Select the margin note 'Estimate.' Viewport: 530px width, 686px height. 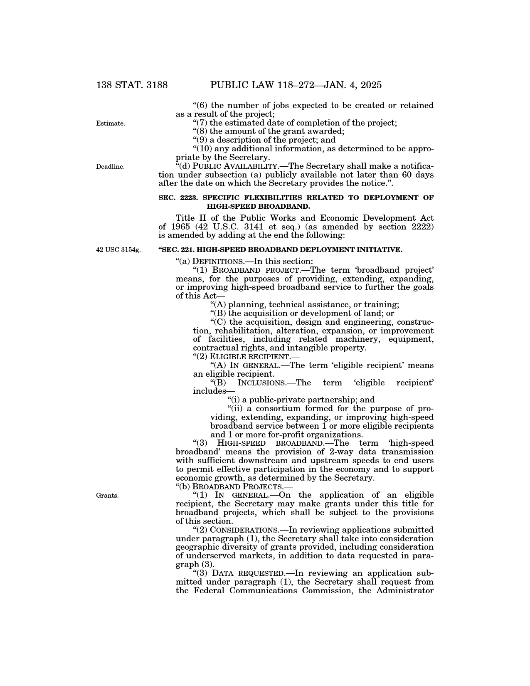pos(110,123)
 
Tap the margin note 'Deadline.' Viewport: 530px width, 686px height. pos(110,167)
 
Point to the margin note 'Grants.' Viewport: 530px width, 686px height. pos(107,496)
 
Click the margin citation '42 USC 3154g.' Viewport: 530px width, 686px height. pos(118,250)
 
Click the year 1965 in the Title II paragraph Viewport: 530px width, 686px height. pos(180,227)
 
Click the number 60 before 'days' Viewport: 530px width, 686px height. pos(408,175)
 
